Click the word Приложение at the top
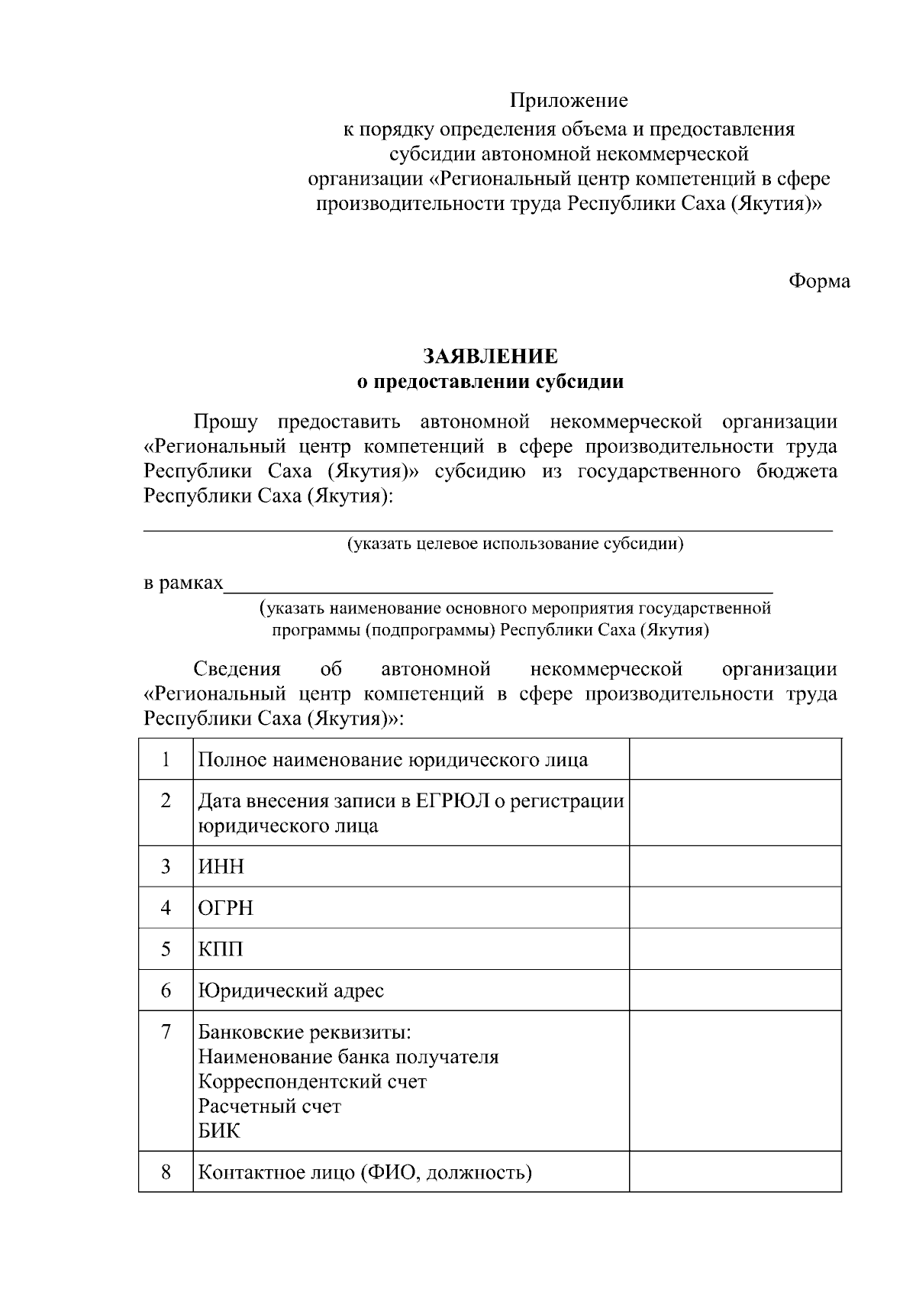coord(569,101)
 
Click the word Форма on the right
coord(818,281)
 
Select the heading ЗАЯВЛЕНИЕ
coord(491,357)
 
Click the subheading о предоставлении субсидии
coord(491,382)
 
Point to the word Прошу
coord(225,422)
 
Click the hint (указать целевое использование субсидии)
coord(515,544)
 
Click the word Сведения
coord(237,670)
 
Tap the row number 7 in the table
coord(166,1032)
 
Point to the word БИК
coord(219,1131)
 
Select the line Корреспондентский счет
coord(312,1082)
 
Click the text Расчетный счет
coord(269,1107)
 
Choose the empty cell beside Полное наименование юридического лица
coord(734,759)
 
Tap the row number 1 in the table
coord(166,759)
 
